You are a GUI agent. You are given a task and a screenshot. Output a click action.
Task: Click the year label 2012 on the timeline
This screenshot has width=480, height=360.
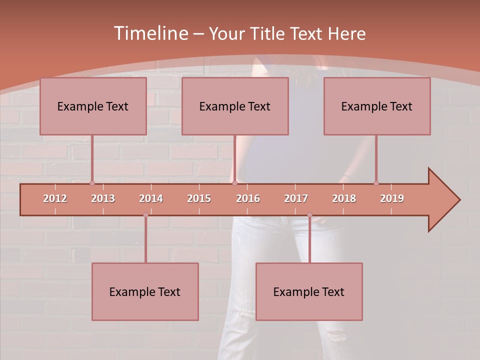point(55,198)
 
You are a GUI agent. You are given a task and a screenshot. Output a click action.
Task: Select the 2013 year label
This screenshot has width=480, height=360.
point(103,198)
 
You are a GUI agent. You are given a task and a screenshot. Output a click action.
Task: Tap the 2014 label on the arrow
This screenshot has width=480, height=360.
point(151,198)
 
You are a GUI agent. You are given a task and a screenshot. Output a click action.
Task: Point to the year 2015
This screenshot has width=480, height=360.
point(199,198)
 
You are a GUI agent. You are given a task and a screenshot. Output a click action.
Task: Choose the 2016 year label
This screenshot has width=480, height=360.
point(248,198)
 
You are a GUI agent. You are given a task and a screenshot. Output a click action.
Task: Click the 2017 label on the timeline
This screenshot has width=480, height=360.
point(296,198)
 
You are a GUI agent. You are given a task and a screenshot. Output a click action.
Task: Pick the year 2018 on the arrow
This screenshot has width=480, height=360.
point(344,198)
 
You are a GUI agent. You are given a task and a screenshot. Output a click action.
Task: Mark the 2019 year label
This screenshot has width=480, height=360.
point(392,198)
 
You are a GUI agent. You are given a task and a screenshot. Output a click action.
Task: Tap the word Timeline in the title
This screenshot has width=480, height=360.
point(150,33)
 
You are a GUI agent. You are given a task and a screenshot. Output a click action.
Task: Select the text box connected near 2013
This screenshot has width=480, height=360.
point(93,106)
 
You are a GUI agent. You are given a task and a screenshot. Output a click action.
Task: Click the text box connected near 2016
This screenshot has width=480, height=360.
point(235,106)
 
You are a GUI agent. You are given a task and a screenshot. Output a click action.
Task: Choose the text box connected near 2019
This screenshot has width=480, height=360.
point(377,106)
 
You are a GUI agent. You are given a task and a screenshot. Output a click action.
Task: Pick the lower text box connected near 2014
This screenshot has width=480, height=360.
point(145,291)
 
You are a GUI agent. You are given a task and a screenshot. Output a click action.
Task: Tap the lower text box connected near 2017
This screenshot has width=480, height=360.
point(309,291)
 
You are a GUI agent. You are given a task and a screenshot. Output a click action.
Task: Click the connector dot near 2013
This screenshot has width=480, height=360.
point(92,183)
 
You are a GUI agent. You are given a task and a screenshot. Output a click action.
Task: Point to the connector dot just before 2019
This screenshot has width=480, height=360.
point(376,183)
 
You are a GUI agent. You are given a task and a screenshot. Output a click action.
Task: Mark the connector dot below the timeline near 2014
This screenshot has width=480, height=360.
point(145,215)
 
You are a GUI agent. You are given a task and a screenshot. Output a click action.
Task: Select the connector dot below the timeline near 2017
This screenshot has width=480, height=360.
point(309,215)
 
